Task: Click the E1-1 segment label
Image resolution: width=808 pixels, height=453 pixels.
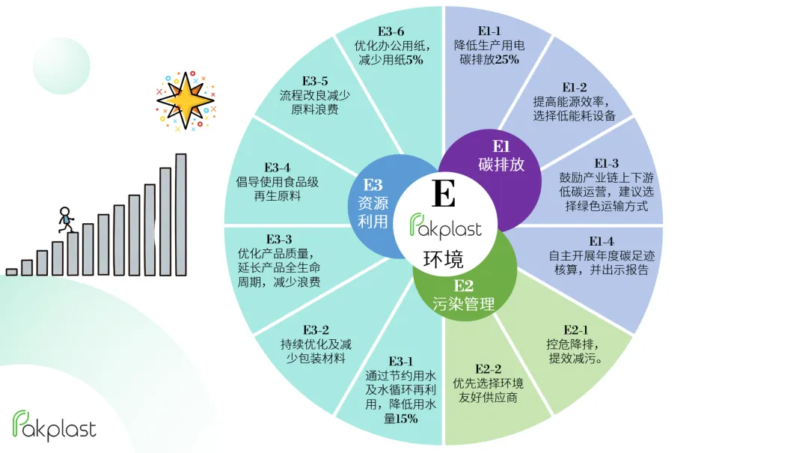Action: (x=490, y=31)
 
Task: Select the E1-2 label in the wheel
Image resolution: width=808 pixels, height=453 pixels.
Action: (x=575, y=87)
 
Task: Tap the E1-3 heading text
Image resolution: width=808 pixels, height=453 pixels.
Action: (x=606, y=163)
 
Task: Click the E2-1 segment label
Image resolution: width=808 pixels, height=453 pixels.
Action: (x=575, y=329)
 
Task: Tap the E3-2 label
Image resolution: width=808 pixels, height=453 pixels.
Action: (x=316, y=329)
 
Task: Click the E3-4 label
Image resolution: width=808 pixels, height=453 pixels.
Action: (x=278, y=167)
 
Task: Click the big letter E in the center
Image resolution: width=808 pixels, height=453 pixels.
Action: (x=444, y=194)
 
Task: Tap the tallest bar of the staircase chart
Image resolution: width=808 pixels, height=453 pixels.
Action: (x=181, y=214)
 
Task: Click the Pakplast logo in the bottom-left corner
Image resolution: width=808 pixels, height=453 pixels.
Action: (x=55, y=427)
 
